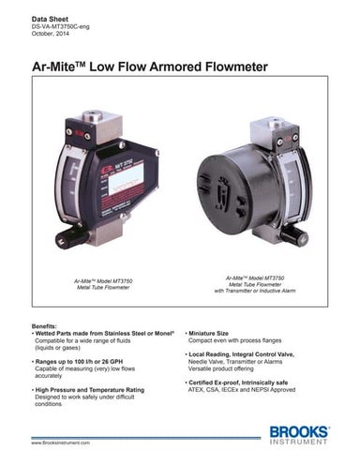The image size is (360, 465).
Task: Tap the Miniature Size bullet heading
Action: tap(218, 332)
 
